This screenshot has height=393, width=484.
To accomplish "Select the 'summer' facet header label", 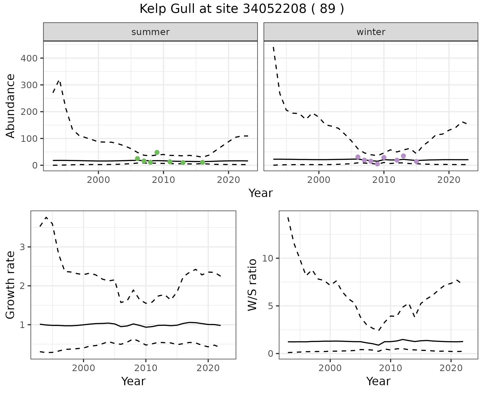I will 150,32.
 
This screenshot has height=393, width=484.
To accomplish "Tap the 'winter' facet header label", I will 371,32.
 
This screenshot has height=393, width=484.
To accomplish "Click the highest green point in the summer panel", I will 157,152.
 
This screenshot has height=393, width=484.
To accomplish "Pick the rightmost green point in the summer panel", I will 202,162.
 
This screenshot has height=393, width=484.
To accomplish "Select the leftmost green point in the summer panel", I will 137,158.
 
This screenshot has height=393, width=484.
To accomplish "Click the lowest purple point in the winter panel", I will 377,164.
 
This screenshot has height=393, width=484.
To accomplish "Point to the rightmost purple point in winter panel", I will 416,161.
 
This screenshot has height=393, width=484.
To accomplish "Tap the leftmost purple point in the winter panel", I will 358,157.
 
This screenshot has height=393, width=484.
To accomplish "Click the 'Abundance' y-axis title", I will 11,106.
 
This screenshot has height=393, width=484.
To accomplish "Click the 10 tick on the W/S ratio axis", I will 268,258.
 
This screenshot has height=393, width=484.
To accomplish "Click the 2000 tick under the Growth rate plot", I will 83,368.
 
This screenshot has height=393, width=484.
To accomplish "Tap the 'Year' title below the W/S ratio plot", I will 378,381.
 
